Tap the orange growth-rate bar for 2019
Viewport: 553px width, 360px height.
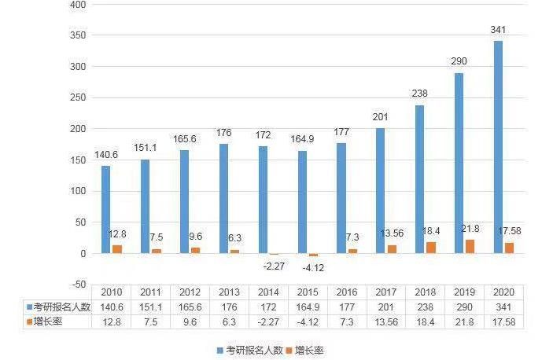pos(470,246)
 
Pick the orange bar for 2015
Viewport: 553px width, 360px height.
pos(313,255)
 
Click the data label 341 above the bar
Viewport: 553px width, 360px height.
pos(498,30)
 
